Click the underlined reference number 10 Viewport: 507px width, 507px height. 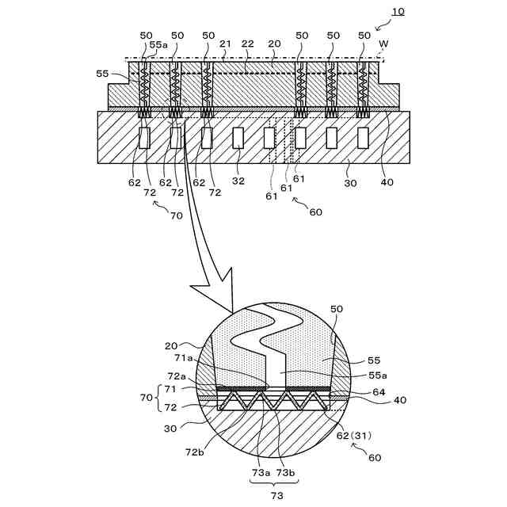pyautogui.click(x=397, y=11)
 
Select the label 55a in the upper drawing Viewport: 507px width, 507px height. pyautogui.click(x=158, y=46)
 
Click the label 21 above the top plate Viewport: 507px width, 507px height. pyautogui.click(x=226, y=44)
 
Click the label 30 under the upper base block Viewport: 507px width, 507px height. pyautogui.click(x=351, y=183)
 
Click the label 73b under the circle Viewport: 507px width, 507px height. pyautogui.click(x=285, y=472)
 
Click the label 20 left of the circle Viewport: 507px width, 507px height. pyautogui.click(x=174, y=345)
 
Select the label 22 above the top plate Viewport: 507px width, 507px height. pyautogui.click(x=248, y=44)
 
